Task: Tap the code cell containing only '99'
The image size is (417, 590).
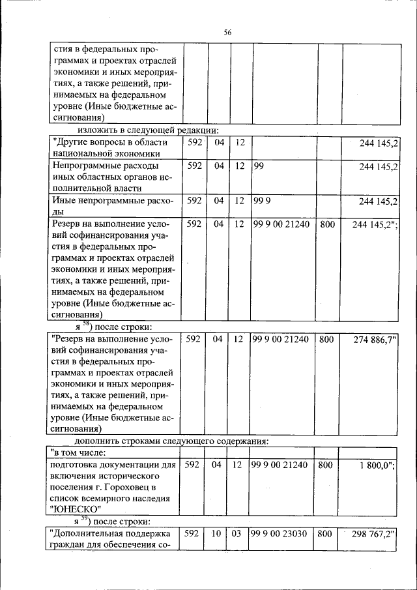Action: click(259, 166)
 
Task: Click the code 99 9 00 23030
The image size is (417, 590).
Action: click(281, 533)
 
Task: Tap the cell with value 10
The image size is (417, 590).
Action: click(217, 533)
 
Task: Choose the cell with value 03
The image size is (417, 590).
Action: click(238, 533)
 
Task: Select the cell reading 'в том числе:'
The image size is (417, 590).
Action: click(78, 452)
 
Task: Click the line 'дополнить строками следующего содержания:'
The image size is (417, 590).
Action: click(180, 441)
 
